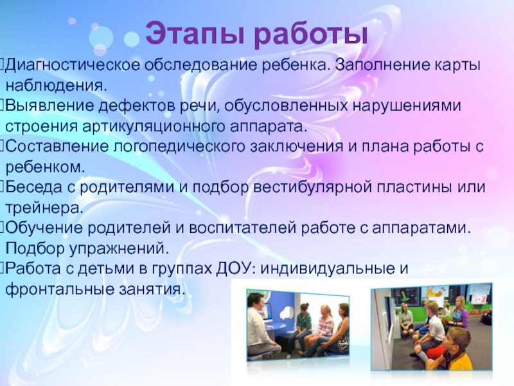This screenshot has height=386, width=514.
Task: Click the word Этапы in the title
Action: pos(195,33)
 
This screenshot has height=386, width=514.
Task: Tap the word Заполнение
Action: pos(382,65)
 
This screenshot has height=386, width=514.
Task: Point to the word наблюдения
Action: pos(57,86)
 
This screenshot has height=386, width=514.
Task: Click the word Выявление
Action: pos(50,106)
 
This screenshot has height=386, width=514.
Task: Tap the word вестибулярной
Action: pos(313,187)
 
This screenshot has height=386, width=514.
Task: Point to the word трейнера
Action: pos(44,208)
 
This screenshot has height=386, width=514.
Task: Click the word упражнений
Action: pos(119,249)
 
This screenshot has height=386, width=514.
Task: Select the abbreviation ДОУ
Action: pos(236,268)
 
